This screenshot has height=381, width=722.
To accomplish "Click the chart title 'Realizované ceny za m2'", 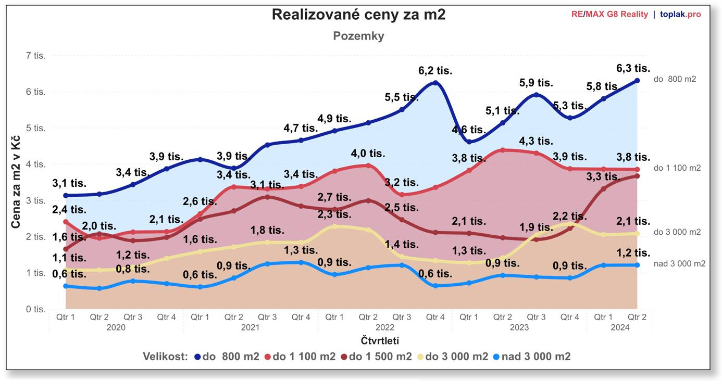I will (x=358, y=15).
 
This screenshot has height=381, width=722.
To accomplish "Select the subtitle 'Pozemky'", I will (x=358, y=36).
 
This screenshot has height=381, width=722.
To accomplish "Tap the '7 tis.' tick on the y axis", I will (x=36, y=56).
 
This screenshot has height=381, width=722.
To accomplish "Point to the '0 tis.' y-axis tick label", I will (x=36, y=309).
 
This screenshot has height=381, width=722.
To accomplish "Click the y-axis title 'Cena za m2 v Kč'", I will (x=16, y=182).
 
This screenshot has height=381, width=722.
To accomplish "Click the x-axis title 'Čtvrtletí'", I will (x=380, y=341).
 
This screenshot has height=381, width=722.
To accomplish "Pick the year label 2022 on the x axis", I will (x=384, y=328).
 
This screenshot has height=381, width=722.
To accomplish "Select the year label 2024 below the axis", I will (x=620, y=328).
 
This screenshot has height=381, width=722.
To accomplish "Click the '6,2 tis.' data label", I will (x=435, y=70).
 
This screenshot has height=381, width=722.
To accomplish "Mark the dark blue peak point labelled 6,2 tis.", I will (x=435, y=83).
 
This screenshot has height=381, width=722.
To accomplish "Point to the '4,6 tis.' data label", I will (x=468, y=130).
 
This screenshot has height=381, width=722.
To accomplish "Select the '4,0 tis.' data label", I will (x=368, y=154).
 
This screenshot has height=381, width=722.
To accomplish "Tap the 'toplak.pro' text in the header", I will (x=680, y=14).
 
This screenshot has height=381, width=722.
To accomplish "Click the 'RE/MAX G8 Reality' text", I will (x=609, y=14).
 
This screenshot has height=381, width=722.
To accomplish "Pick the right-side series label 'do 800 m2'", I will (x=675, y=80).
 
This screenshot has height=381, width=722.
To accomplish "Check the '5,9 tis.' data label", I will (x=536, y=83).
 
